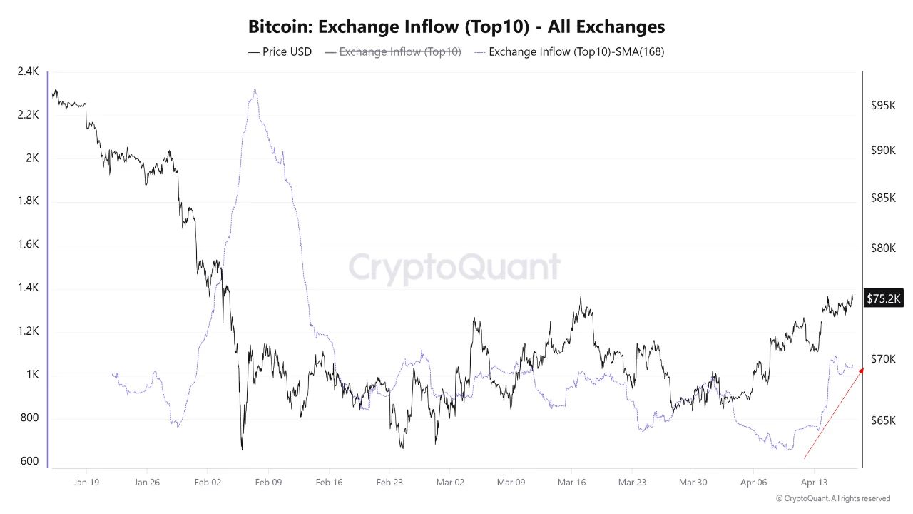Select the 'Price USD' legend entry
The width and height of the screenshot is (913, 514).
[x=280, y=51]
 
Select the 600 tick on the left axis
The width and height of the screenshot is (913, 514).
[x=29, y=462]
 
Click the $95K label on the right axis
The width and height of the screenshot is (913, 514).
[x=883, y=105]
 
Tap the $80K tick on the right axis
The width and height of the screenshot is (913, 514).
[x=883, y=248]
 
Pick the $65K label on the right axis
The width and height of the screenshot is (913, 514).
[x=883, y=421]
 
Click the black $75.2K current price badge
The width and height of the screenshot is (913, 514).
[x=883, y=298]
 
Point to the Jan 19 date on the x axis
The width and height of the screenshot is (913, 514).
[x=86, y=483]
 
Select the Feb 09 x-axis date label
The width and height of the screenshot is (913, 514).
[x=268, y=483]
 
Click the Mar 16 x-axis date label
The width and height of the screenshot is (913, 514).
[x=571, y=483]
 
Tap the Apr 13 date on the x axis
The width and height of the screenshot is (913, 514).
[x=814, y=483]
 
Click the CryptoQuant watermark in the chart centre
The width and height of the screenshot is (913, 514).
[x=454, y=268]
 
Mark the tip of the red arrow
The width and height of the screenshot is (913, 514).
[x=862, y=368]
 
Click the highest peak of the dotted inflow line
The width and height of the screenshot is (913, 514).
[x=255, y=90]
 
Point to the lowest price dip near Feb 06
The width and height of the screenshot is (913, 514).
[x=242, y=449]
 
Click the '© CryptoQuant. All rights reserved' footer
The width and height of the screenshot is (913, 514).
[x=832, y=498]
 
